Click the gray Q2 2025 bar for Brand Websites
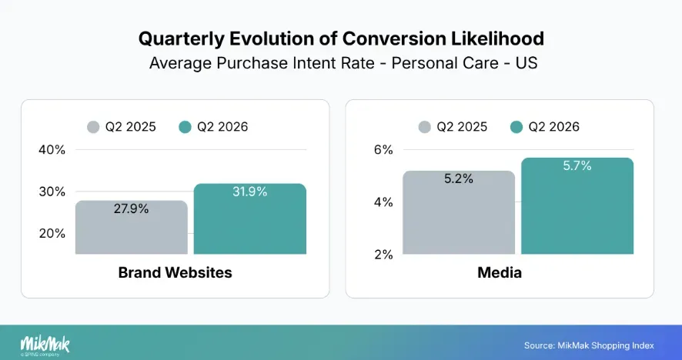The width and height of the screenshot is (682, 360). (x=132, y=227)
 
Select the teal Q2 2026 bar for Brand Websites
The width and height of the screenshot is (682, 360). (x=250, y=218)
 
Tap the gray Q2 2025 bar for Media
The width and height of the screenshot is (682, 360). (x=459, y=212)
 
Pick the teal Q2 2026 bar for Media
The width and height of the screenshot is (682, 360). (x=577, y=205)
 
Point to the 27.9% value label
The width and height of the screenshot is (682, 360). (x=132, y=209)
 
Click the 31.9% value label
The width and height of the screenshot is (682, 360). (x=250, y=192)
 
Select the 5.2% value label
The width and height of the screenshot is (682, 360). (x=459, y=178)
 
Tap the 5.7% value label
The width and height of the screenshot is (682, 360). (x=577, y=165)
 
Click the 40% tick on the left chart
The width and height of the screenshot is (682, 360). (x=52, y=150)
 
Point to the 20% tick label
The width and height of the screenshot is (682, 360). (x=52, y=234)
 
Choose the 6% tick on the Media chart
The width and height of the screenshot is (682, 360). (x=383, y=150)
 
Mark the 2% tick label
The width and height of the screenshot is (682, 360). (x=383, y=255)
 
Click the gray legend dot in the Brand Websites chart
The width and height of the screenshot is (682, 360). (x=93, y=127)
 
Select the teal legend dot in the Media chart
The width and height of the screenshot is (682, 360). (x=517, y=127)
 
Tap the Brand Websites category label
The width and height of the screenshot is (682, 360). (x=176, y=272)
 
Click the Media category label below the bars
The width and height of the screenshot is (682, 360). (x=500, y=272)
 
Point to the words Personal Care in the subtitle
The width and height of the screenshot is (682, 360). (x=445, y=63)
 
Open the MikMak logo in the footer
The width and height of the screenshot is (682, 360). (x=45, y=346)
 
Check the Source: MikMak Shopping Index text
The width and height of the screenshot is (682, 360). (x=589, y=345)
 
